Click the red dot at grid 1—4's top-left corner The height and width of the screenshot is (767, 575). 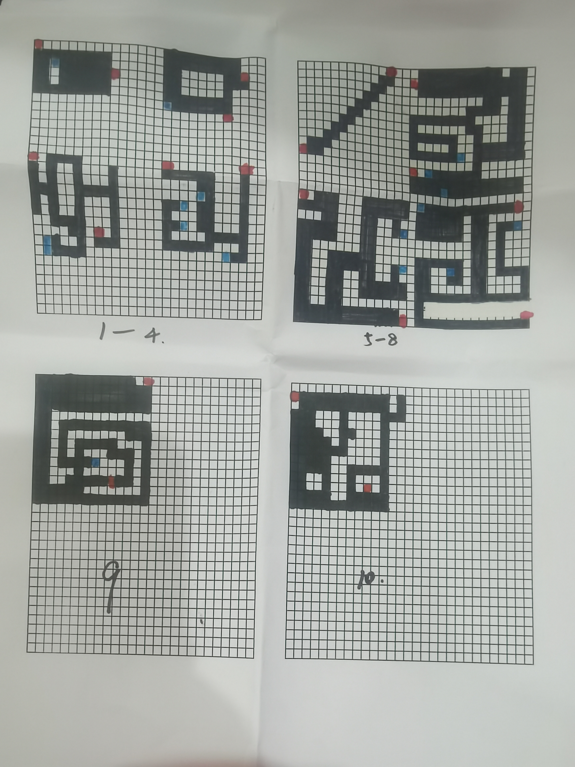click(38, 44)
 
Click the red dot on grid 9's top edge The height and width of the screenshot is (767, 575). click(149, 382)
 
